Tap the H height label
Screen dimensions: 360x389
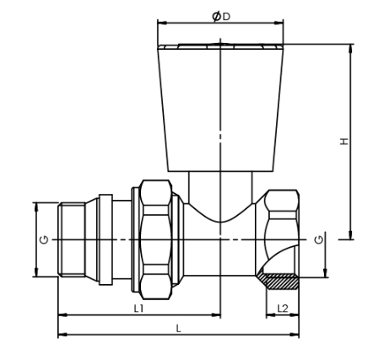coord(344,142)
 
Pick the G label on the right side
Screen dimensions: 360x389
coord(318,240)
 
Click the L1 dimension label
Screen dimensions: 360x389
coord(138,309)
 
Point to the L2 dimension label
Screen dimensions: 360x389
coord(283,309)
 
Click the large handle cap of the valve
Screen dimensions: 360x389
coord(220,105)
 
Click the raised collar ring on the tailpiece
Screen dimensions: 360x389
coord(105,239)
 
